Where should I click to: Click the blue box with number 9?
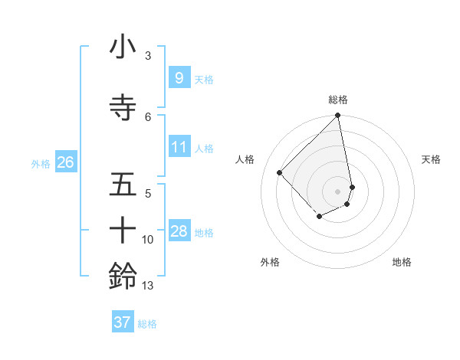179,78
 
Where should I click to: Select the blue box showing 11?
179,148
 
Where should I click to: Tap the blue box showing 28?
179,231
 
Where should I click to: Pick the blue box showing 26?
65,162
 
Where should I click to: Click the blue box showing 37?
123,322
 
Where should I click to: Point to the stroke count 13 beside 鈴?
148,286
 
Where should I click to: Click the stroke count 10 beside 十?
148,240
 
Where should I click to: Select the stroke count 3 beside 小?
147,56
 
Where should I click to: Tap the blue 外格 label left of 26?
41,163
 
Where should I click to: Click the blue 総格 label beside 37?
147,324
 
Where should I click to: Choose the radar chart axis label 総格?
338,100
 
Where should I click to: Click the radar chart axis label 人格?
245,159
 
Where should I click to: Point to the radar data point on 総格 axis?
338,116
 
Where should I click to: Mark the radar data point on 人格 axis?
280,173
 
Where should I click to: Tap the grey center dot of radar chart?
338,191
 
